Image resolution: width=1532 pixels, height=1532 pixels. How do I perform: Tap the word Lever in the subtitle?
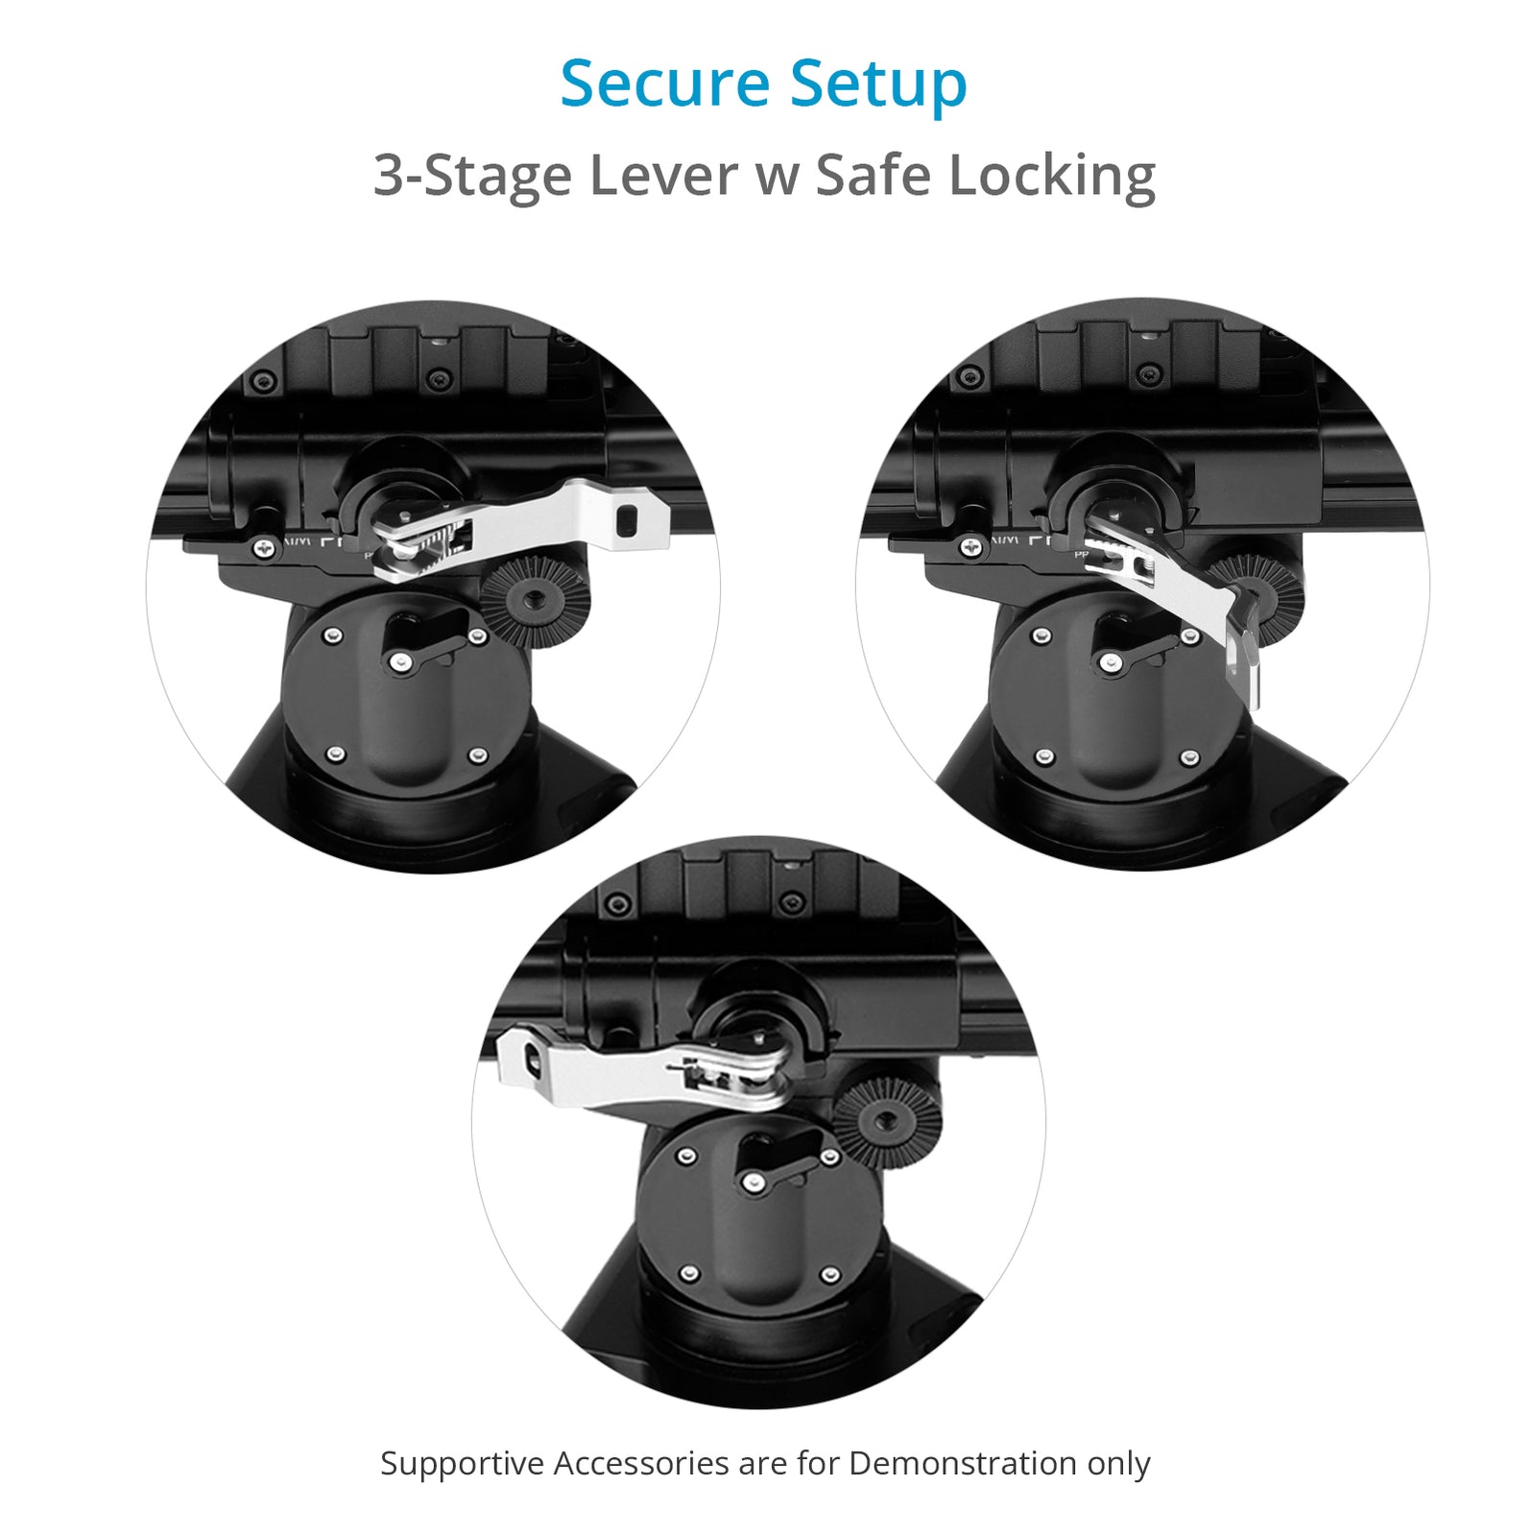[x=662, y=176]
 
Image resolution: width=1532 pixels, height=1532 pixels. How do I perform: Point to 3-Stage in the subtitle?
[x=469, y=178]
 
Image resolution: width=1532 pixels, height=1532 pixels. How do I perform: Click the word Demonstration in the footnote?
[x=963, y=1464]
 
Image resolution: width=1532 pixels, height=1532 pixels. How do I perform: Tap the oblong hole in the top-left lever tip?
[x=628, y=520]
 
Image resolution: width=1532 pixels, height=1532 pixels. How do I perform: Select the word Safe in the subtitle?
[x=873, y=176]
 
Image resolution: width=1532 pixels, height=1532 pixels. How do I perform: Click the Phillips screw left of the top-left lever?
[x=263, y=547]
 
